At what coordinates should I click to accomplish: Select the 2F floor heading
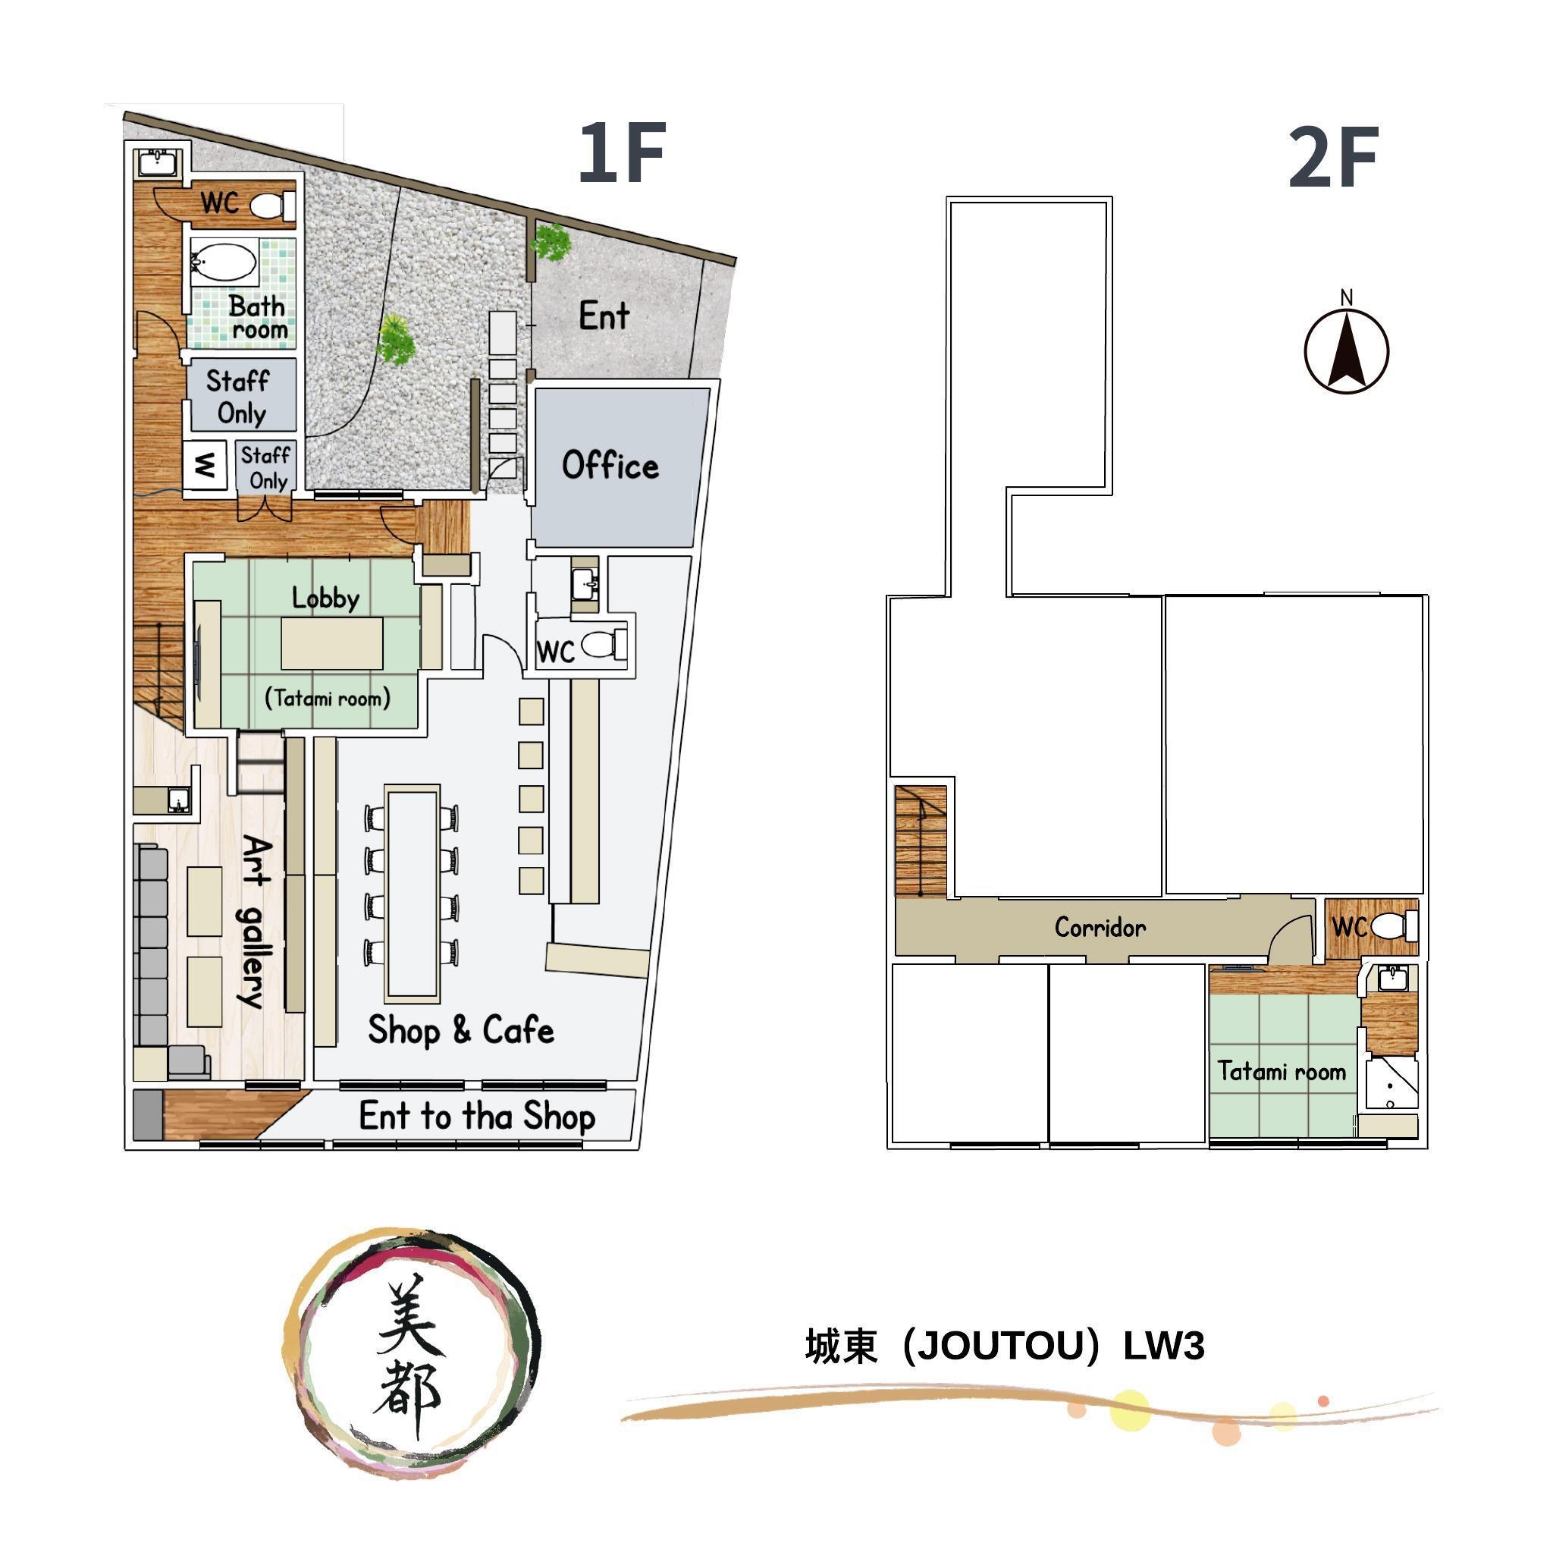(x=1333, y=158)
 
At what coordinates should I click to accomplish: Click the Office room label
(x=610, y=465)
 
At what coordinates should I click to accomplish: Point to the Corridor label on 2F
(x=1100, y=927)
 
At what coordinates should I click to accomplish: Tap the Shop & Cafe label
(x=461, y=1029)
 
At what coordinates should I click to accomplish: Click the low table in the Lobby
(x=332, y=643)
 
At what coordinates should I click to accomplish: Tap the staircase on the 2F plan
(x=921, y=841)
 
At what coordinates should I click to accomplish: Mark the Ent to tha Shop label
(x=477, y=1116)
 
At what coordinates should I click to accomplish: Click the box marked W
(x=205, y=465)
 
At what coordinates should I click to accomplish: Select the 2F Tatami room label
(x=1282, y=1071)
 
